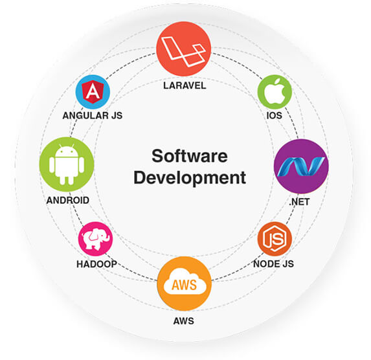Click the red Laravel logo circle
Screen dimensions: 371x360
click(x=184, y=49)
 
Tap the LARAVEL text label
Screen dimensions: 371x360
click(x=185, y=85)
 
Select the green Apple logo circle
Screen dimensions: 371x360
click(x=275, y=92)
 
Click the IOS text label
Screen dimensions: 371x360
click(x=275, y=115)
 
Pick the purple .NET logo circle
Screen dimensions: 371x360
click(x=301, y=166)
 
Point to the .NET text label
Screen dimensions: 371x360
click(x=299, y=202)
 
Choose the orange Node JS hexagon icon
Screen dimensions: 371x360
click(x=275, y=238)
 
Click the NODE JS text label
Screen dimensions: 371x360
click(x=273, y=264)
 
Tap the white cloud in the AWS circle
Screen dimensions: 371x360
click(x=185, y=282)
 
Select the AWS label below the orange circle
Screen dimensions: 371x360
click(x=184, y=321)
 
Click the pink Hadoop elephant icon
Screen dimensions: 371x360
click(x=96, y=239)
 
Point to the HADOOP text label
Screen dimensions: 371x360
click(x=96, y=264)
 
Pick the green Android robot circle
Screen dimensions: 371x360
click(x=67, y=164)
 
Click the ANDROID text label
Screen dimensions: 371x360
click(x=68, y=200)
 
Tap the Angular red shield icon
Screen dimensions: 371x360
click(x=93, y=92)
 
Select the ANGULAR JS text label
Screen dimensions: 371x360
click(x=93, y=115)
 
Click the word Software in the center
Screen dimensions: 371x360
click(x=190, y=156)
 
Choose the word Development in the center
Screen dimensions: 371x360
click(x=190, y=178)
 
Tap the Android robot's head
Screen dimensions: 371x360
click(x=67, y=150)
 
